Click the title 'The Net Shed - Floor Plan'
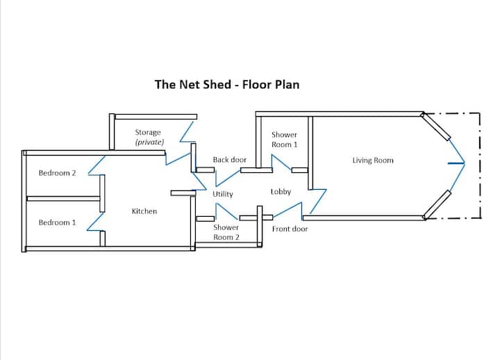[226, 85]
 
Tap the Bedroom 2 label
[57, 173]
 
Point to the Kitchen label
[144, 211]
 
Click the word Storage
[148, 132]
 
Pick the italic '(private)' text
[149, 142]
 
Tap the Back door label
[230, 160]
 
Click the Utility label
[223, 194]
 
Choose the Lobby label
[281, 192]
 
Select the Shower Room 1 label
[284, 140]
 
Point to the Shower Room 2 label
[226, 232]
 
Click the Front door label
[290, 229]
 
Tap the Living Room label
[373, 161]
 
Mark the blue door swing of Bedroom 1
[94, 222]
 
